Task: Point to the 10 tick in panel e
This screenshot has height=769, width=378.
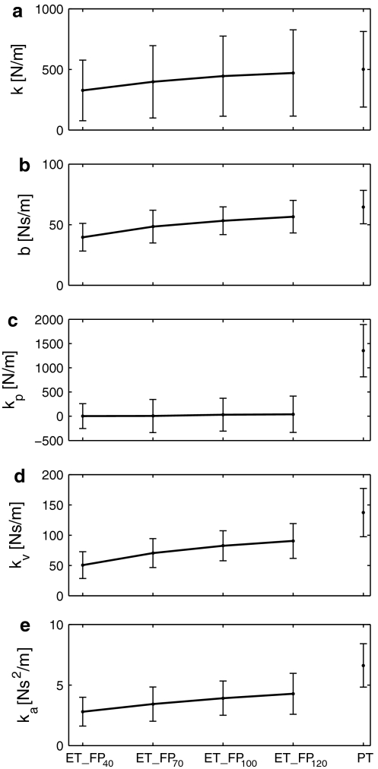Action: click(56, 625)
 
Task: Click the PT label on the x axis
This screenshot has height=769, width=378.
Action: click(364, 758)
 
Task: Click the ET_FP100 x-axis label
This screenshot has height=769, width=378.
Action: click(223, 759)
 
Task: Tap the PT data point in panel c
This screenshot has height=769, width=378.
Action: click(364, 351)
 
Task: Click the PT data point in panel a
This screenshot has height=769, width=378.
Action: click(364, 69)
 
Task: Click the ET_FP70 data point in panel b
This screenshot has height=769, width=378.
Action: click(153, 226)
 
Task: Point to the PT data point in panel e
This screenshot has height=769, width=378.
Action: click(364, 666)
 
